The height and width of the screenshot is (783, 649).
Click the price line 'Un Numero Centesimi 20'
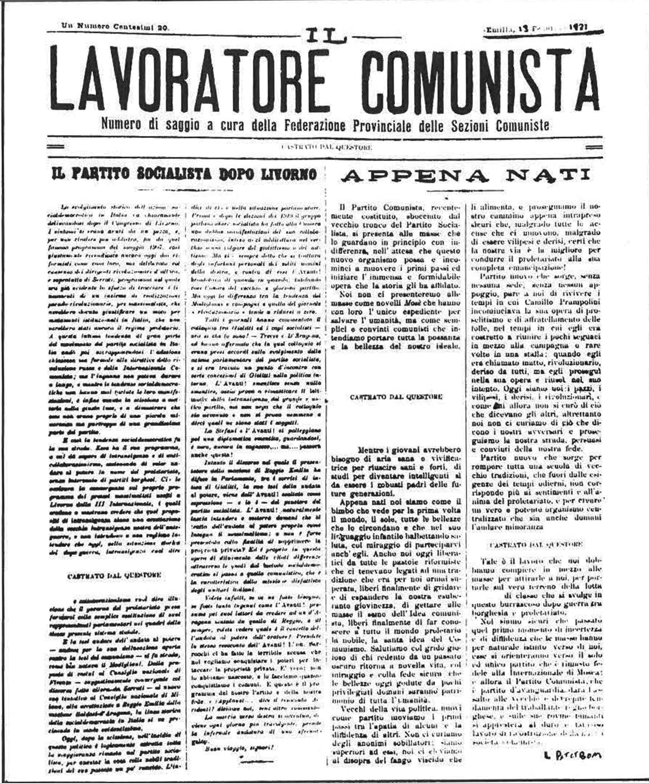pyautogui.click(x=115, y=27)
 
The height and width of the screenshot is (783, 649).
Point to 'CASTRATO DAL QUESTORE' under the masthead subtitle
pyautogui.click(x=326, y=147)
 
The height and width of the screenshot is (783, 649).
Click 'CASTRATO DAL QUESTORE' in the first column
pyautogui.click(x=114, y=575)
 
